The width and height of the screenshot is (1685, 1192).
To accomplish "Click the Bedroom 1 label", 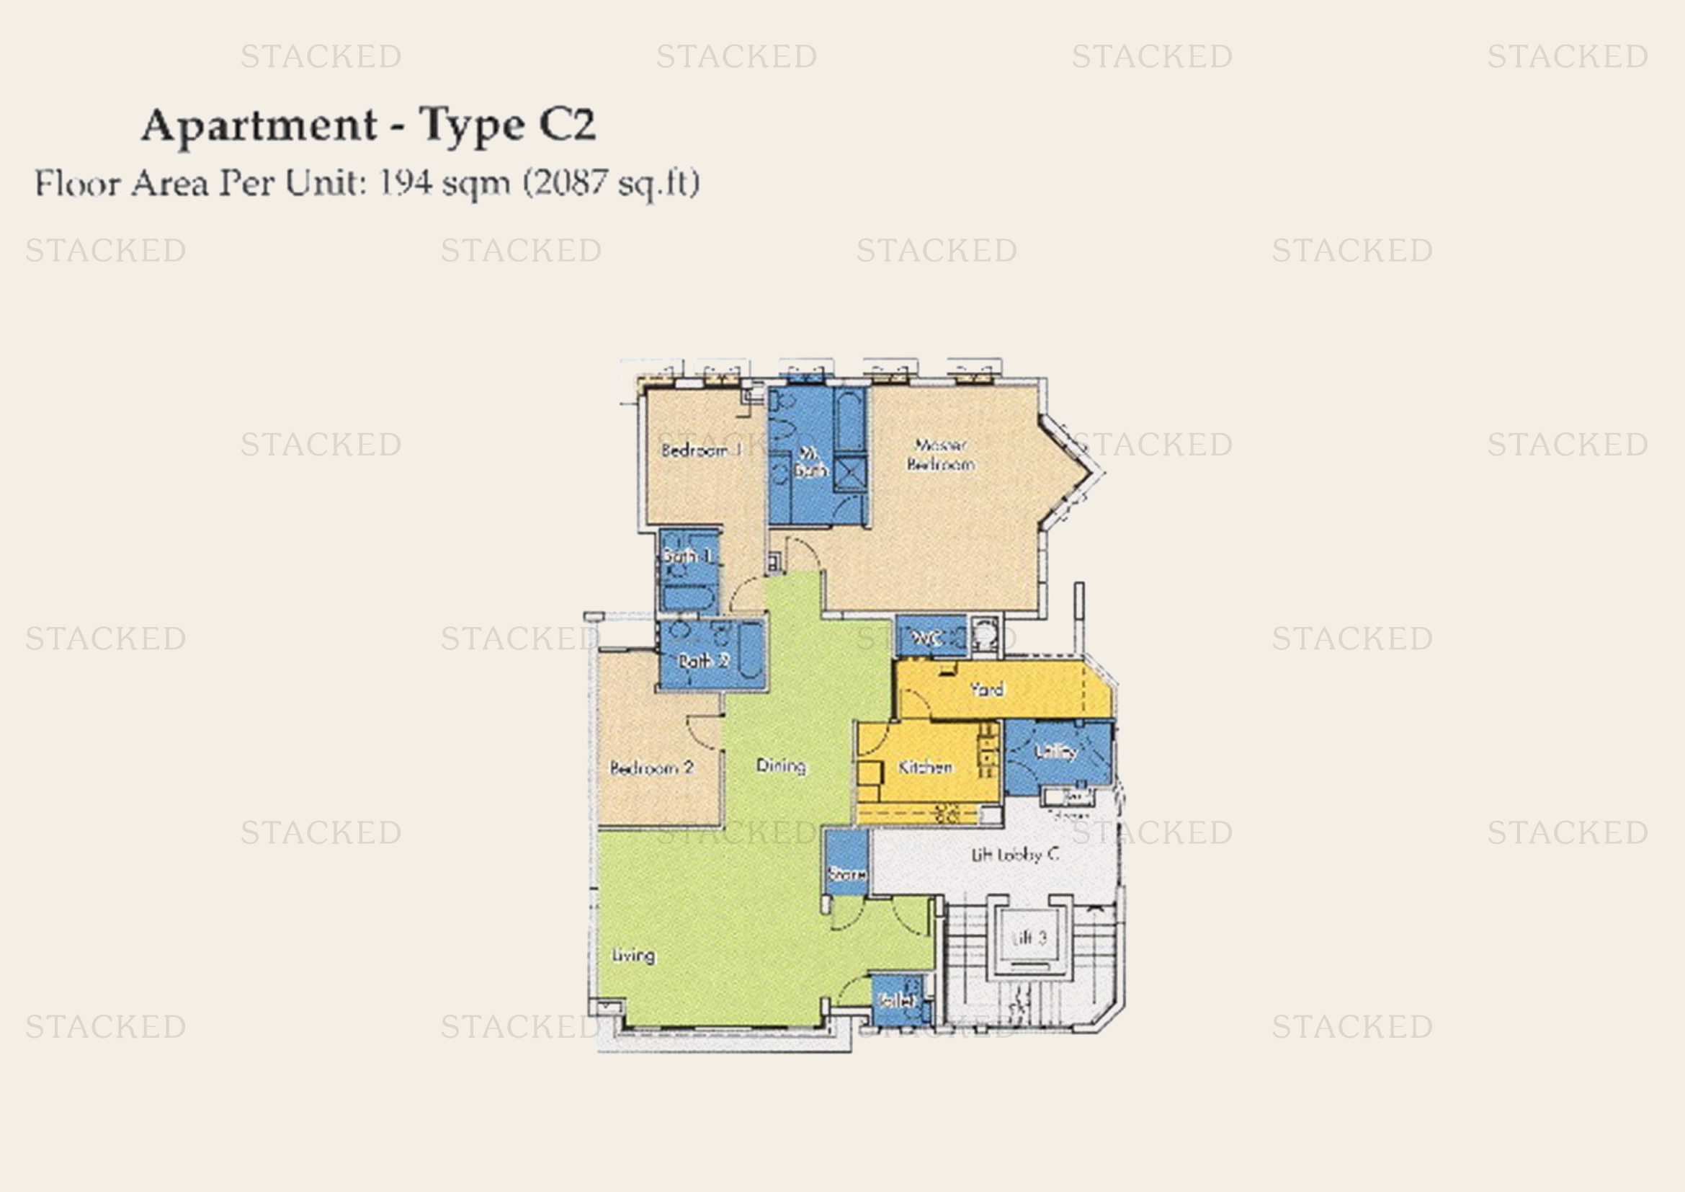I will (702, 450).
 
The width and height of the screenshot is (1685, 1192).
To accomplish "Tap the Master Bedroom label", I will (941, 454).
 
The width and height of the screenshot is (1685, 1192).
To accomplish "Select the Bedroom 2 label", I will (652, 768).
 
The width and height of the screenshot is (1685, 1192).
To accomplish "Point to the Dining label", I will (781, 765).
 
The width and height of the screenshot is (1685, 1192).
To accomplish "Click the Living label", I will (633, 955).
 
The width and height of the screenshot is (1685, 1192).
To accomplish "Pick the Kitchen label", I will (925, 767).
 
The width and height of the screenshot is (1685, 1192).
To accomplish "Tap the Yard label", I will (986, 689).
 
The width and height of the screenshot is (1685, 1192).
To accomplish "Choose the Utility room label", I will (1055, 751).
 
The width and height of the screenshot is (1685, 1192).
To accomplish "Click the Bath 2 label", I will (703, 661).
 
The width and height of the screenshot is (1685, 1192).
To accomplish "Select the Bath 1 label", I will (687, 556).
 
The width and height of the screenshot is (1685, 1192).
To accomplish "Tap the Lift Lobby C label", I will (1015, 855).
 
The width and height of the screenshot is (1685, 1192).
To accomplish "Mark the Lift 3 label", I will (1029, 938).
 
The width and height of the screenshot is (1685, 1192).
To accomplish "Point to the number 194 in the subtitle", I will (405, 183).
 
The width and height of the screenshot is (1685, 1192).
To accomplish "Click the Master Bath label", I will (810, 463).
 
